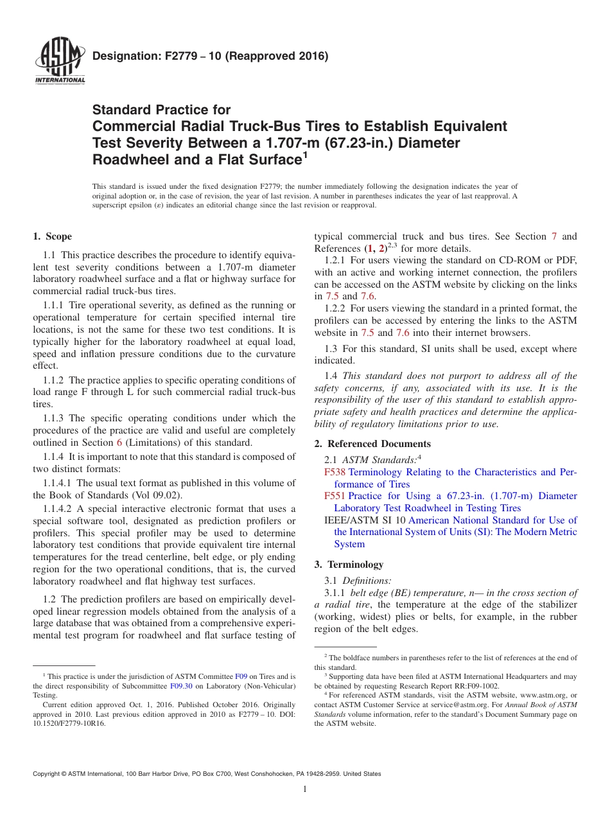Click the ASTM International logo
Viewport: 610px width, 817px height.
tap(60, 62)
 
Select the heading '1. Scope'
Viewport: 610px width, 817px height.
tap(52, 236)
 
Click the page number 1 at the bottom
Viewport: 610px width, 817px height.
tap(305, 789)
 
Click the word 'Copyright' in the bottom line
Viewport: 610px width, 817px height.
tap(49, 774)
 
